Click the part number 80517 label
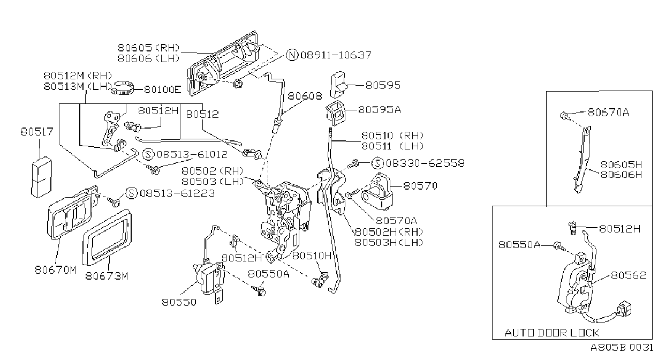[37, 132]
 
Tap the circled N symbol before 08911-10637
[292, 55]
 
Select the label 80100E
[162, 89]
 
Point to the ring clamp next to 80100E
[123, 88]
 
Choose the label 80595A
[380, 110]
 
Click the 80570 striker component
[377, 192]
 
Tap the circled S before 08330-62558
[377, 163]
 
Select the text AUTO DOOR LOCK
[551, 333]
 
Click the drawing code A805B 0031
[622, 347]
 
